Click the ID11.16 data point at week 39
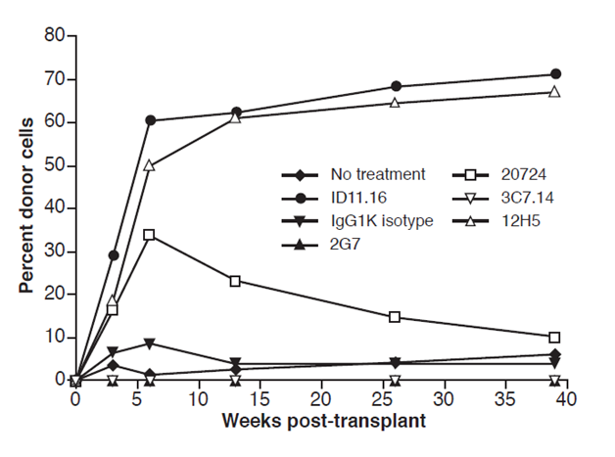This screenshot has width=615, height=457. (x=555, y=74)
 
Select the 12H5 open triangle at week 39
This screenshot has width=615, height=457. (x=555, y=92)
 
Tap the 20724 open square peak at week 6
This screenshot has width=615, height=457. (x=149, y=235)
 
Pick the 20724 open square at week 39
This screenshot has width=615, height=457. (x=555, y=337)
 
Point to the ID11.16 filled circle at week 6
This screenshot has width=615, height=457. (x=149, y=120)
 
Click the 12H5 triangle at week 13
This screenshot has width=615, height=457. (x=235, y=117)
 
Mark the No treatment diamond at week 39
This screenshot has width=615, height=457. (x=555, y=354)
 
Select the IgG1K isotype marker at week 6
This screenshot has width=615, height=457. (x=149, y=343)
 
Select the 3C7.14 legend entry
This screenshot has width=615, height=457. (x=509, y=198)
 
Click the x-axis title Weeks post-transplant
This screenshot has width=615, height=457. (x=323, y=423)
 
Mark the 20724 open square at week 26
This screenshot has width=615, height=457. (x=395, y=317)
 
